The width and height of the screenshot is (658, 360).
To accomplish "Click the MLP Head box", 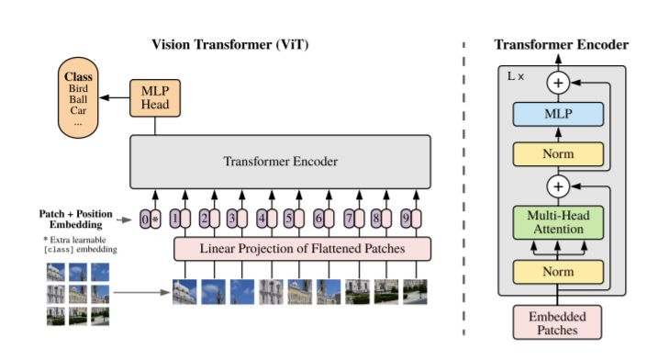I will [155, 95].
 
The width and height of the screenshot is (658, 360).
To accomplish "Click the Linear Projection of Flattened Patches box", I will [302, 248].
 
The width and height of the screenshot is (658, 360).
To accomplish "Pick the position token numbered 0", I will [145, 219].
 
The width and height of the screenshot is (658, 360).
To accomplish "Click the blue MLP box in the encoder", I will [560, 114].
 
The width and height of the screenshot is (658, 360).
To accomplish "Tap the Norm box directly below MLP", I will [560, 152].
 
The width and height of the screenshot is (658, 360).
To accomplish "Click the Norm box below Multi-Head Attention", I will [560, 271].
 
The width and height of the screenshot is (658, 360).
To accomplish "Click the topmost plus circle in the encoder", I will [560, 83].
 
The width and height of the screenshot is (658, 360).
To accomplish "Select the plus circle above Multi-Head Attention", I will [560, 187].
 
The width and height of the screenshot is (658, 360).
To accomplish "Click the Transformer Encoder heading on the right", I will [561, 44].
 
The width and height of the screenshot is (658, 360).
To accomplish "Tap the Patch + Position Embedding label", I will [76, 219].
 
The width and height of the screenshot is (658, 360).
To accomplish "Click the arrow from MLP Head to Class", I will [116, 96].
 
